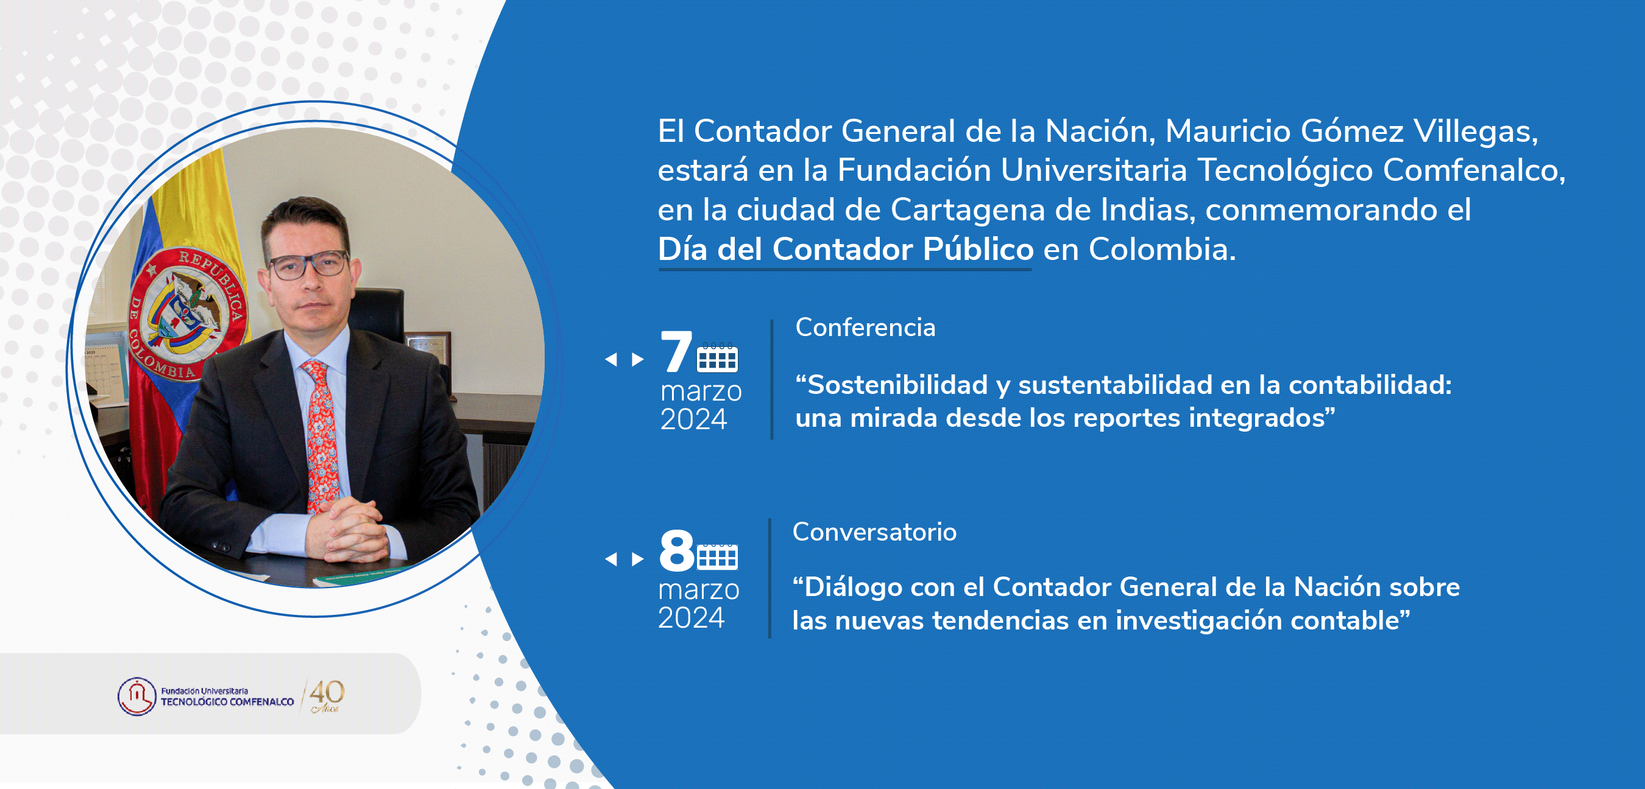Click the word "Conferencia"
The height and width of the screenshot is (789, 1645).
click(865, 328)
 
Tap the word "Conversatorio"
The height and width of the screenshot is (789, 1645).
click(874, 531)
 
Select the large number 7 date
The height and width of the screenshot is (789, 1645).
click(676, 352)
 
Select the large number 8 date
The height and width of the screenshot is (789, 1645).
click(676, 550)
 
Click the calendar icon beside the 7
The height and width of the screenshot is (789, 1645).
click(717, 357)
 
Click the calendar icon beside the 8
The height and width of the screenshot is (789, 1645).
click(717, 556)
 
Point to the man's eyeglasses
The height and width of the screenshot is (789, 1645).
click(310, 265)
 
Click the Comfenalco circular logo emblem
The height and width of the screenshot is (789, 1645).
click(136, 696)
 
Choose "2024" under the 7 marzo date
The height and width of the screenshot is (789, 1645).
click(693, 419)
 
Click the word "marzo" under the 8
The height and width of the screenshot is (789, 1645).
click(699, 590)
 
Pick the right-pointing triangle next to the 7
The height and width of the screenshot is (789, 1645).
click(637, 359)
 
